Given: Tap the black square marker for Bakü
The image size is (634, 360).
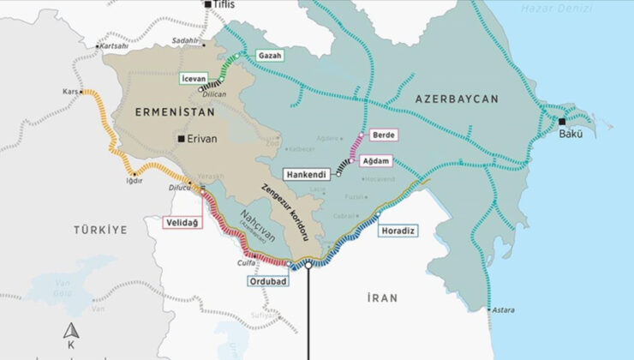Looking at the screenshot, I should point(562,121).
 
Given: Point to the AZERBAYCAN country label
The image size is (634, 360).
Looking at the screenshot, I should point(456,99).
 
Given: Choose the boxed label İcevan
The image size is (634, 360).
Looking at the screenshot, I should point(192,78).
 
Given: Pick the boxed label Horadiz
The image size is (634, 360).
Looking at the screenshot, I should point(398,230).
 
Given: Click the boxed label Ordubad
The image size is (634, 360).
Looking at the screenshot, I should point(270,280).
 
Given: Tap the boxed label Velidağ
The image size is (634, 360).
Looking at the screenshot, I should point(182,223).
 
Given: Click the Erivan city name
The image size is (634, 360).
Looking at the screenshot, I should point(202,138).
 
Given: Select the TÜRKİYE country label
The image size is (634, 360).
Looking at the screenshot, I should point(99,230).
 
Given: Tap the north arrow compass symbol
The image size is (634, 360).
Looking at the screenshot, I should point(70,331).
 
